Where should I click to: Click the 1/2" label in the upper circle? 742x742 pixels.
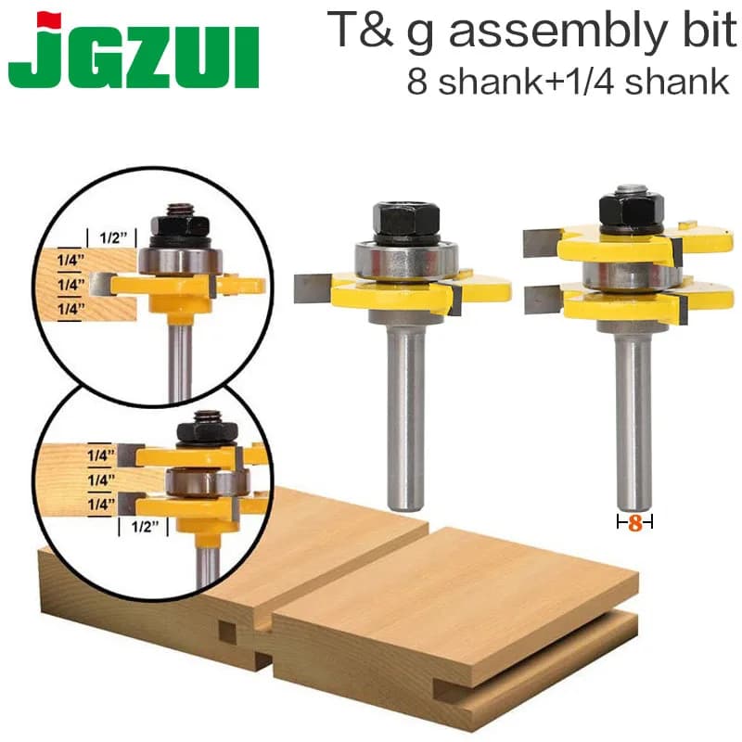point(107,237)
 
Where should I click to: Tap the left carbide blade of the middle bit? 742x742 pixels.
point(310,289)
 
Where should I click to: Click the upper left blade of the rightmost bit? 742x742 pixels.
point(539,243)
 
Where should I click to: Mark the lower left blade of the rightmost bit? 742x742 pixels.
point(541,300)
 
